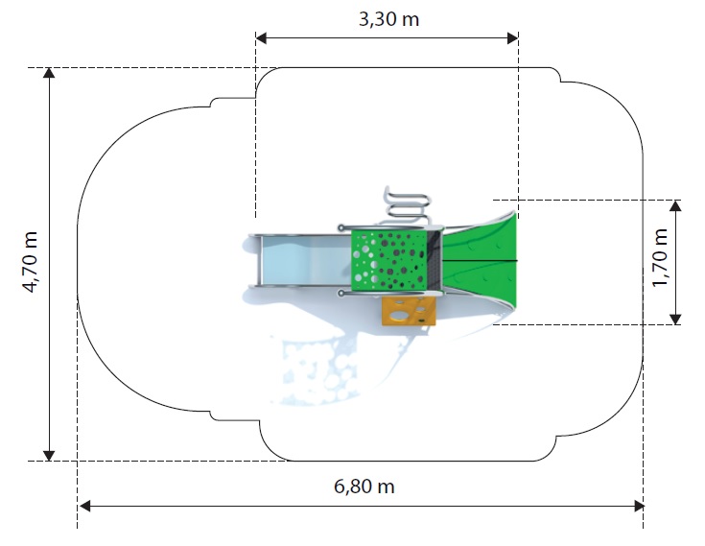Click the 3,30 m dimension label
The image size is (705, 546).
[x=388, y=20]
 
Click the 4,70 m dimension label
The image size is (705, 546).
[x=31, y=262]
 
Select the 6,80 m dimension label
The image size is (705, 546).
[x=364, y=487]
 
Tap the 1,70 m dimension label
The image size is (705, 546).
[x=661, y=258]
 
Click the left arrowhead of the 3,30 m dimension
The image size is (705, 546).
[x=261, y=38]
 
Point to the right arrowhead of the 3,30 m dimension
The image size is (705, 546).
[x=513, y=38]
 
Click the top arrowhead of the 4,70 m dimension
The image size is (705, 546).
[x=49, y=73]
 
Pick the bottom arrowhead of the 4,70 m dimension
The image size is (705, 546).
[x=49, y=455]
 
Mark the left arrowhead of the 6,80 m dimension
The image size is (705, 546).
[x=84, y=506]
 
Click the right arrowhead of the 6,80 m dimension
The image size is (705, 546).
[x=639, y=506]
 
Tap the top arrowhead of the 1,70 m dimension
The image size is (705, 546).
[x=675, y=205]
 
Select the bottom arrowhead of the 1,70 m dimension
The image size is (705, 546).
[x=675, y=319]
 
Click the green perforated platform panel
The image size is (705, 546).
[x=388, y=260]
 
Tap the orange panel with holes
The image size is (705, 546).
[x=409, y=311]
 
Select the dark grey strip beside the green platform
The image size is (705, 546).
[x=435, y=260]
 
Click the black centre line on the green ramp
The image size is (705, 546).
[x=481, y=261]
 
